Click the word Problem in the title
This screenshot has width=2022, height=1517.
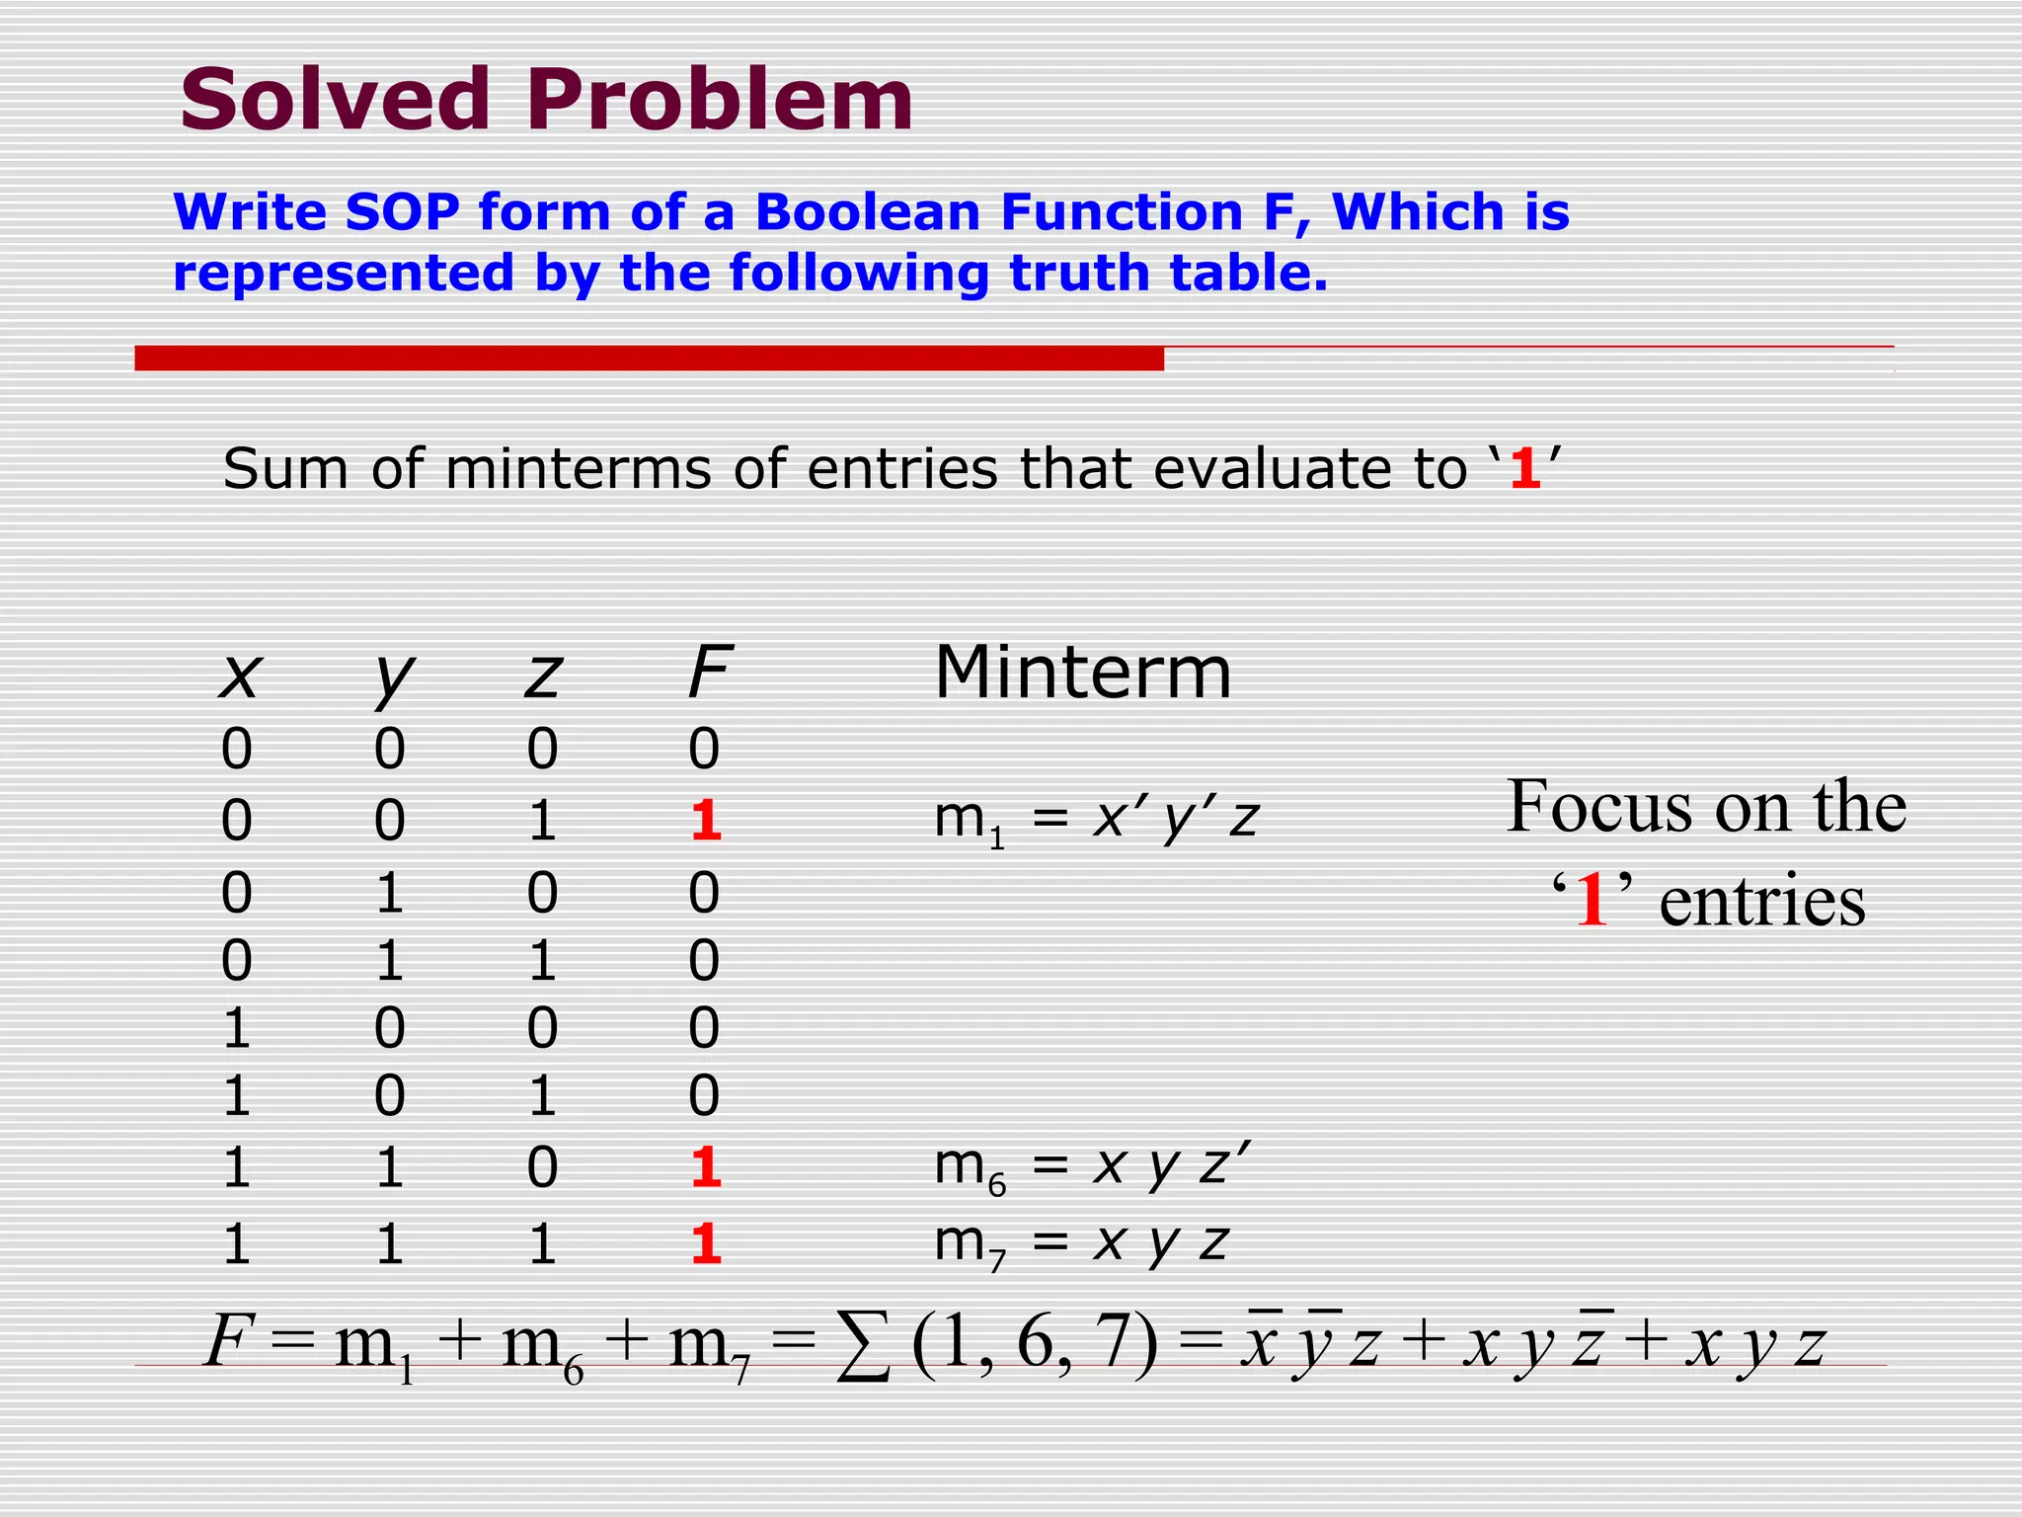[720, 101]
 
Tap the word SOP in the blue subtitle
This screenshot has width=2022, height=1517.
[402, 212]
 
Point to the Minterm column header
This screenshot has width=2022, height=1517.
[1083, 673]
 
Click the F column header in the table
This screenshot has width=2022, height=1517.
[708, 673]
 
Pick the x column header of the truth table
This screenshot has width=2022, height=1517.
[239, 677]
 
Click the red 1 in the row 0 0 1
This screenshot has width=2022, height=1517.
[705, 820]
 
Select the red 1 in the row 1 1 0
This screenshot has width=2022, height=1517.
[705, 1167]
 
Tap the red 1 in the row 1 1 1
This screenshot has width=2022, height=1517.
[705, 1243]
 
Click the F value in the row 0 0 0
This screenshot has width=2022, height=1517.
[704, 749]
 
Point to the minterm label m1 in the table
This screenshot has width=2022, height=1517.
[969, 821]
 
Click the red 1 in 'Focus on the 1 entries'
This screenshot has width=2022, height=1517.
[1592, 901]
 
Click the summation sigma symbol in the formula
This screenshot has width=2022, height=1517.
[863, 1346]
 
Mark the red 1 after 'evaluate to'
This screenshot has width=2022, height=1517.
[1525, 469]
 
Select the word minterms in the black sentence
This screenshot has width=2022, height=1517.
[578, 468]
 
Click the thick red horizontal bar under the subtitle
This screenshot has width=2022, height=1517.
[649, 358]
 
